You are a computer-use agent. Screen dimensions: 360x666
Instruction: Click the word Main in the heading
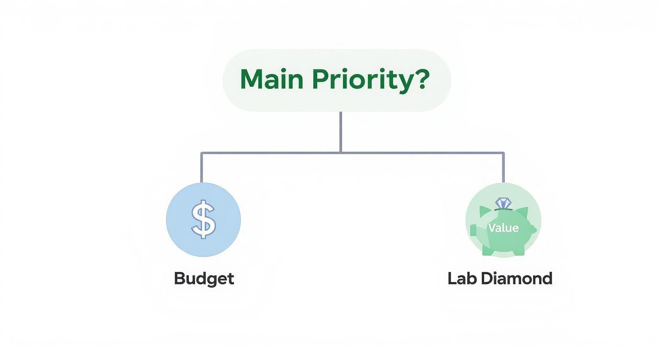coord(271,79)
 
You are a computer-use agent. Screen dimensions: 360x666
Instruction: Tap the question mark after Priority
coord(421,79)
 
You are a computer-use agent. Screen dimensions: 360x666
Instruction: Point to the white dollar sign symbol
coord(203,220)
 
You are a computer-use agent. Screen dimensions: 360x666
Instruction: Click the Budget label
coord(204,278)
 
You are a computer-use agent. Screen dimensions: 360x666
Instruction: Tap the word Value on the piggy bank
coord(503,228)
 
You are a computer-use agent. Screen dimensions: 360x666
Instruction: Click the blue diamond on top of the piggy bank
coord(503,202)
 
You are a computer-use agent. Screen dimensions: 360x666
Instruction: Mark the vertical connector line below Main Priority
coord(340,132)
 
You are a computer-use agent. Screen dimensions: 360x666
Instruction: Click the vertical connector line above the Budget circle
coord(201,168)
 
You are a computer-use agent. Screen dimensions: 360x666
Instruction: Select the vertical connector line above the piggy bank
coord(503,168)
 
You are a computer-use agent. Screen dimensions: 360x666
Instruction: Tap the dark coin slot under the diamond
coord(503,209)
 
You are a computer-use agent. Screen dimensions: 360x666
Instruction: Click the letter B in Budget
coord(179,278)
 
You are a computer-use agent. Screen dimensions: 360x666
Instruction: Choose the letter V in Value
coord(492,228)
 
